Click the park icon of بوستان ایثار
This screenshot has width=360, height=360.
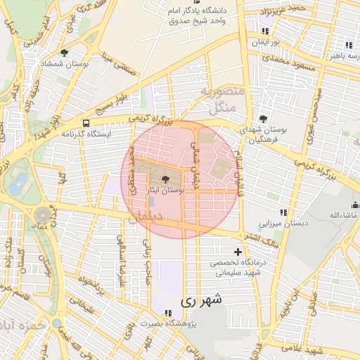pyautogui.click(x=165, y=179)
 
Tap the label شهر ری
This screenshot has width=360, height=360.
pyautogui.click(x=201, y=300)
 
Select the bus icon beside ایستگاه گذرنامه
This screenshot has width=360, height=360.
pyautogui.click(x=86, y=122)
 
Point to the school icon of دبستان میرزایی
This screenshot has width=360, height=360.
pyautogui.click(x=283, y=212)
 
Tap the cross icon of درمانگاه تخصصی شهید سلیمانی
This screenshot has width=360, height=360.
pyautogui.click(x=238, y=252)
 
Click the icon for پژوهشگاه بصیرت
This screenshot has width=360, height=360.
pyautogui.click(x=167, y=313)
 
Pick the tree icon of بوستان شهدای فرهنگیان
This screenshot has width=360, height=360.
pyautogui.click(x=263, y=119)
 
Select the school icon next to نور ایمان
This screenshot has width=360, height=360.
pyautogui.click(x=265, y=31)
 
